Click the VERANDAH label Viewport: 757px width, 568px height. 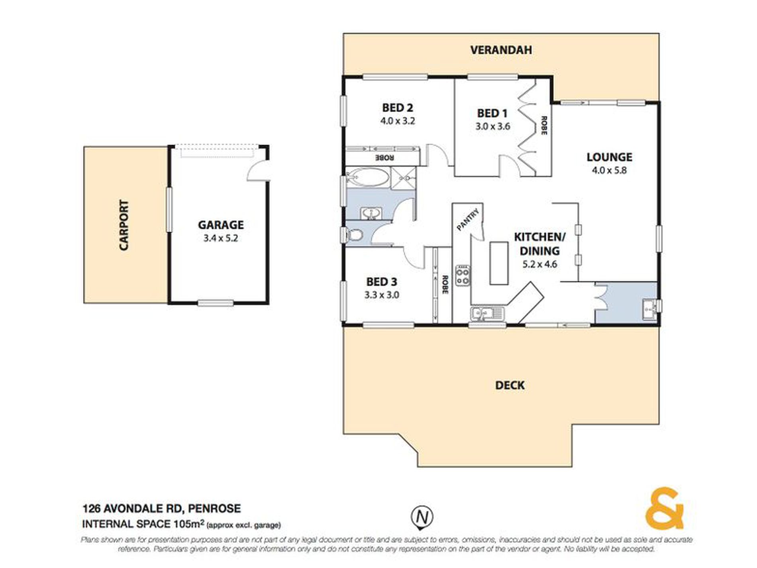pyautogui.click(x=501, y=50)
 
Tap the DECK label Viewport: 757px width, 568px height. pyautogui.click(x=510, y=385)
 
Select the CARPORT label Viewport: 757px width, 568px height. pyautogui.click(x=124, y=225)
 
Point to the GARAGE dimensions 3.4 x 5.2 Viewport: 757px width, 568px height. pyautogui.click(x=220, y=238)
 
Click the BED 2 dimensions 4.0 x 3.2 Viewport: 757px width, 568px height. pyautogui.click(x=397, y=121)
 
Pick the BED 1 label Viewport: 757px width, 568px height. pyautogui.click(x=492, y=114)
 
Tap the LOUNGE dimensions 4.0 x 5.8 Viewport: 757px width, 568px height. pyautogui.click(x=609, y=171)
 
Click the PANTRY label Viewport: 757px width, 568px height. pyautogui.click(x=468, y=220)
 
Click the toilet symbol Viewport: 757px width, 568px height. pyautogui.click(x=354, y=235)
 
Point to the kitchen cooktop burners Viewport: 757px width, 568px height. pyautogui.click(x=463, y=275)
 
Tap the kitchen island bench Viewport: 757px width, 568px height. pyautogui.click(x=499, y=263)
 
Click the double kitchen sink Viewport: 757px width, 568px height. pyautogui.click(x=487, y=314)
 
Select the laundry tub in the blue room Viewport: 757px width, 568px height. pyautogui.click(x=649, y=310)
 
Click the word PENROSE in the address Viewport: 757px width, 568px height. pyautogui.click(x=214, y=509)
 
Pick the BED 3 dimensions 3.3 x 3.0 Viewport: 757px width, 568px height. pyautogui.click(x=382, y=295)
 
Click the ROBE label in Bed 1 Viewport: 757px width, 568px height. pyautogui.click(x=543, y=125)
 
